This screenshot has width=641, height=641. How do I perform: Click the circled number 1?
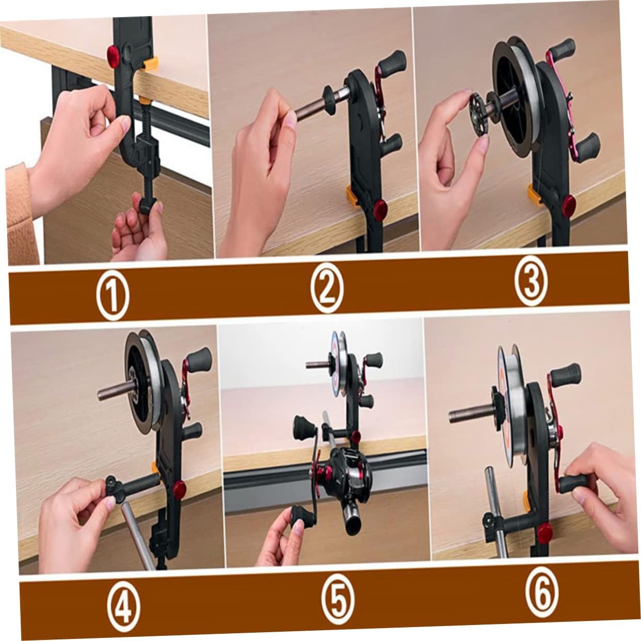[113, 296]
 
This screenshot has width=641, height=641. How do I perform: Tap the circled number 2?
[327, 291]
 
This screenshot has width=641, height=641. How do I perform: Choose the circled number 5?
[338, 600]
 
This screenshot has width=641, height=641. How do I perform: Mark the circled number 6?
[542, 595]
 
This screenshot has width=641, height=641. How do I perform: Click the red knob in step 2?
[380, 209]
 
